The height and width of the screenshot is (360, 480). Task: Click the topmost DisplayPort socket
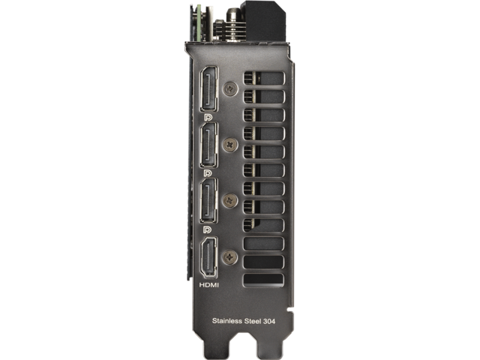click(x=209, y=89)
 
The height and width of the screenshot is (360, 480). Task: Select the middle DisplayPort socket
click(x=209, y=145)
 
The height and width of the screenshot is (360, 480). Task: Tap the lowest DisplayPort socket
click(x=209, y=201)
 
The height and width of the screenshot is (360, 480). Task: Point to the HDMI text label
click(x=209, y=285)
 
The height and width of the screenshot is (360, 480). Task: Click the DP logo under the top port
click(x=208, y=118)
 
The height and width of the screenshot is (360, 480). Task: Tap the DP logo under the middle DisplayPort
click(x=208, y=173)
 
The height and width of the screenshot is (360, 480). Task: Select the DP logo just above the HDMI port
click(x=208, y=229)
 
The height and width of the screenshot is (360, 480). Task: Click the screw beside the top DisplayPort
click(x=231, y=88)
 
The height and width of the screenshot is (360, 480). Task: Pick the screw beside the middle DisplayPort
click(x=230, y=145)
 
